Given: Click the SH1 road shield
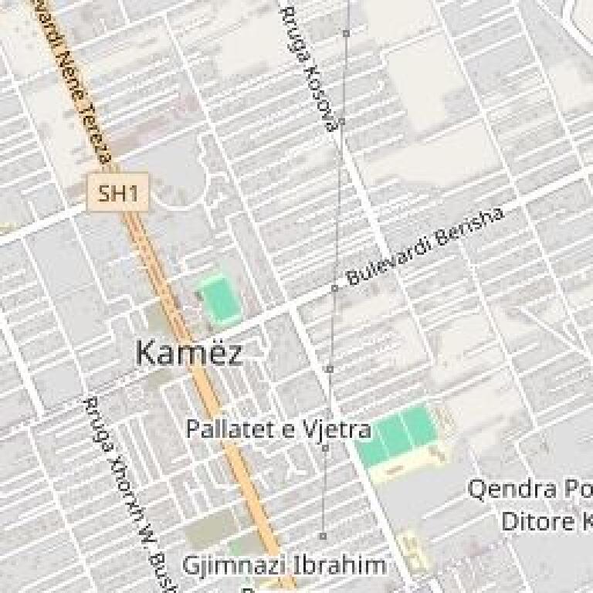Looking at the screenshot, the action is [117, 192].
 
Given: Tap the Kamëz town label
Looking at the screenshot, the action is [188, 353].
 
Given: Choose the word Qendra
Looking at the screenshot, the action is [512, 490].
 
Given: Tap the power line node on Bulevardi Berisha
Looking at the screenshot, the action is [335, 288].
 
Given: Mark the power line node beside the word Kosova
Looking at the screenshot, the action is [341, 121].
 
